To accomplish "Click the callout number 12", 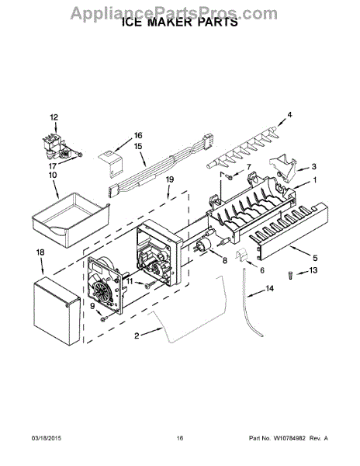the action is click(x=54, y=117).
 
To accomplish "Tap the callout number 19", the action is click(x=170, y=179).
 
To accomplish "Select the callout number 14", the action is click(x=269, y=288).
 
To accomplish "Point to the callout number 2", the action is click(x=137, y=336).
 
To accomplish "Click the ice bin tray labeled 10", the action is click(x=71, y=219).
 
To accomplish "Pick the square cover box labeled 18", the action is click(x=57, y=311).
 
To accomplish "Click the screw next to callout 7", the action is click(x=229, y=177).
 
